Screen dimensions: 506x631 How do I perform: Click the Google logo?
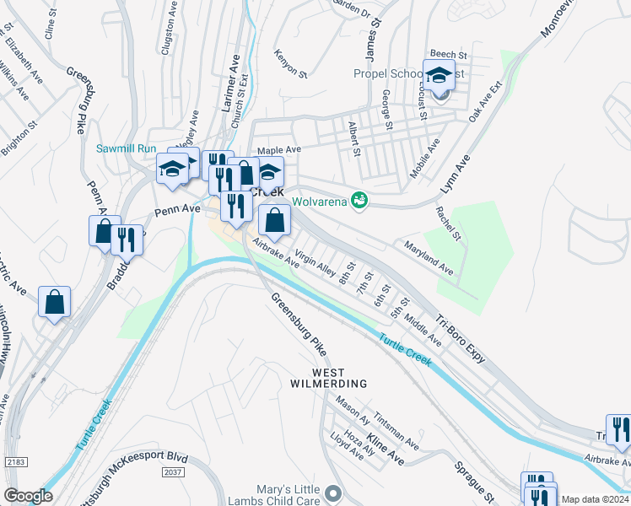[28, 496]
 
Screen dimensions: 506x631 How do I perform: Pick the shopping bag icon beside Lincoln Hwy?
[54, 302]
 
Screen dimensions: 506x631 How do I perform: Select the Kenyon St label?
[290, 63]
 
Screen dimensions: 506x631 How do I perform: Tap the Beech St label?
[448, 54]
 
